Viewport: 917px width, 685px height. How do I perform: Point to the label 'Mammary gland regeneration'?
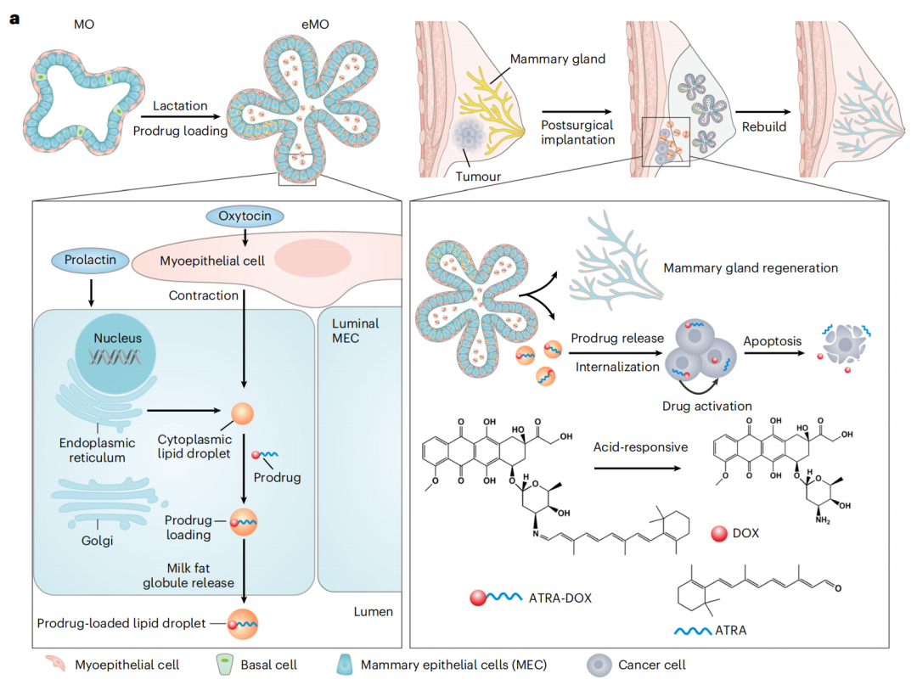pyautogui.click(x=751, y=268)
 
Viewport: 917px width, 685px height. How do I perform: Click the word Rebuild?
pyautogui.click(x=761, y=127)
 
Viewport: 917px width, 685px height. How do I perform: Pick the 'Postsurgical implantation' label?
pyautogui.click(x=577, y=132)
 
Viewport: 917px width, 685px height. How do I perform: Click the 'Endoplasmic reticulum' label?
pyautogui.click(x=93, y=450)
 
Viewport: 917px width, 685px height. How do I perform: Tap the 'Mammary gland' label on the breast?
pyautogui.click(x=558, y=60)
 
